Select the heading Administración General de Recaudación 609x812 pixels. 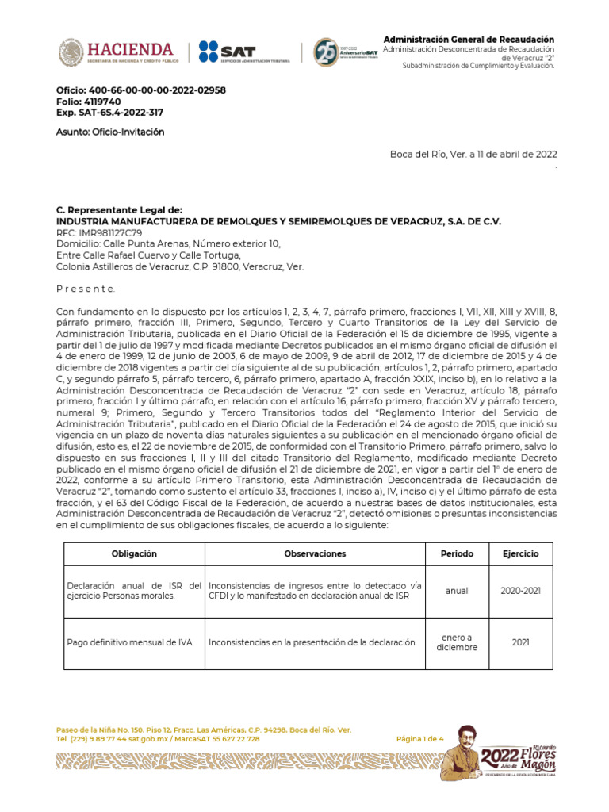click(x=469, y=40)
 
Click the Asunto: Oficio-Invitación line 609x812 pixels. click(x=110, y=132)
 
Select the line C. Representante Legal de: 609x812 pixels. click(x=119, y=210)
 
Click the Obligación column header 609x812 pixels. click(x=134, y=553)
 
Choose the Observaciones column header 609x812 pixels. click(x=315, y=553)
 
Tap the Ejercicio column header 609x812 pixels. click(x=519, y=553)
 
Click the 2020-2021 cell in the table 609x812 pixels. click(x=519, y=591)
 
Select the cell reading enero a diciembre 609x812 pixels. click(x=457, y=642)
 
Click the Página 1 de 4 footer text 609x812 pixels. click(x=420, y=739)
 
